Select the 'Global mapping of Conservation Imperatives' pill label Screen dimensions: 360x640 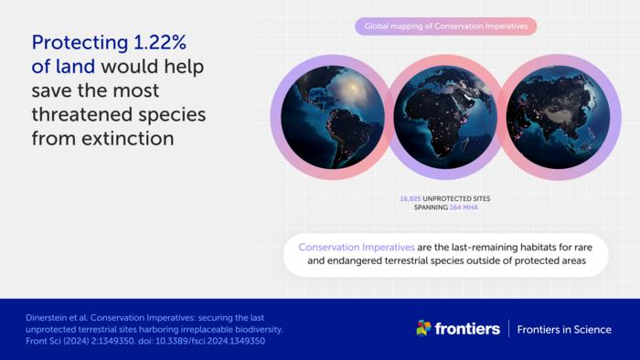pos(445,26)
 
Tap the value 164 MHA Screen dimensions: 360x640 pos(464,207)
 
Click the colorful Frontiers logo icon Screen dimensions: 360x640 pos(423,328)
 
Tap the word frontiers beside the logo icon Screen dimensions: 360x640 pos(467,328)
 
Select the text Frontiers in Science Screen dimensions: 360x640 pos(564,329)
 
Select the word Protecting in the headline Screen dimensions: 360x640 pos(79,42)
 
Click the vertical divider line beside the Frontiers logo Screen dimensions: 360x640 pos(508,328)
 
